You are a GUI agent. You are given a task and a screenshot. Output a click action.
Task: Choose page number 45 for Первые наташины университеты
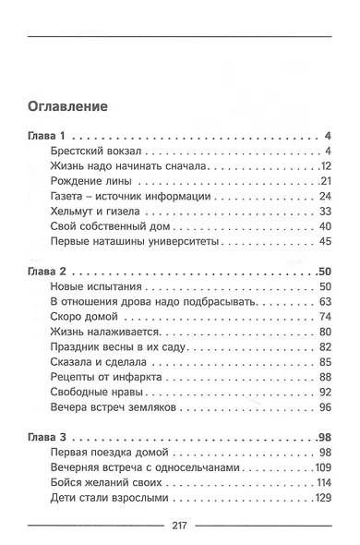click(324, 241)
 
